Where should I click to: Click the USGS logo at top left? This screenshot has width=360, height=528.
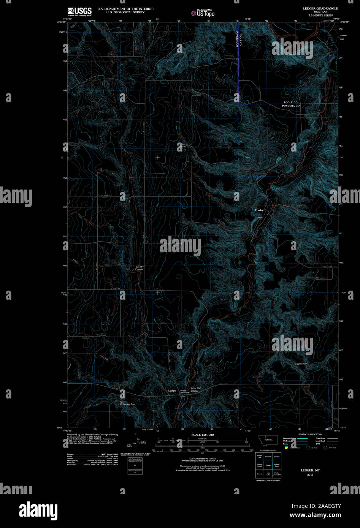[x=79, y=11]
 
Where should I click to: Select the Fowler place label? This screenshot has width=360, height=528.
[x=259, y=210]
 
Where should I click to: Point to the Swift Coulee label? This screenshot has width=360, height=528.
[x=139, y=268]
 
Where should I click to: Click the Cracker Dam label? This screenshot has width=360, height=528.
[x=300, y=364]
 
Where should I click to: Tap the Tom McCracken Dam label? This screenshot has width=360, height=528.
[x=127, y=403]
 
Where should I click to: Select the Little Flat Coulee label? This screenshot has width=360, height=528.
[x=196, y=389]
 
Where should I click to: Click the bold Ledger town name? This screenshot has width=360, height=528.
[x=172, y=390]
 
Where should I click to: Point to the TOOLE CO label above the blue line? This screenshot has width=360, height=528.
[x=291, y=102]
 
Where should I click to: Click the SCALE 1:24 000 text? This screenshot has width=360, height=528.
[x=203, y=435]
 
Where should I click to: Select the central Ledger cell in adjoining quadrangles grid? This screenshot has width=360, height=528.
[x=268, y=465]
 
